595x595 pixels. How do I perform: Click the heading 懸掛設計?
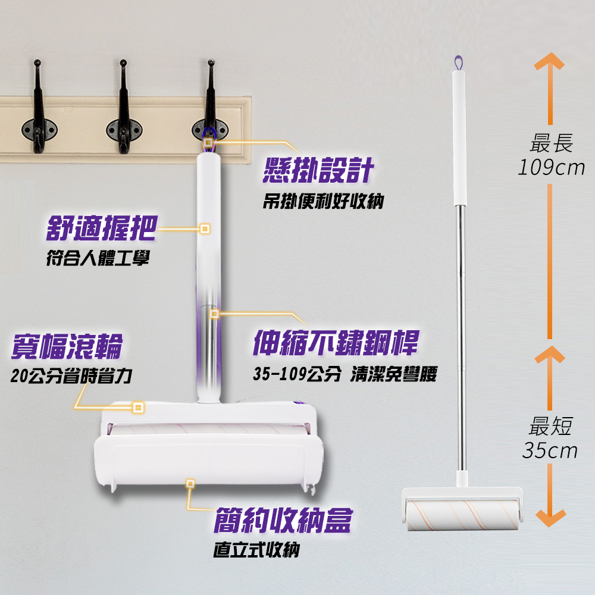(x=318, y=170)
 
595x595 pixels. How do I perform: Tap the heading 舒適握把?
(x=101, y=228)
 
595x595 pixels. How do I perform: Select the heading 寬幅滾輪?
(x=67, y=346)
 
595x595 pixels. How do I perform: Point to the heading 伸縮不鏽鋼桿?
(x=336, y=342)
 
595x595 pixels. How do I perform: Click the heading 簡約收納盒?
(x=283, y=520)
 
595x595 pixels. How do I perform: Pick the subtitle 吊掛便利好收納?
(x=323, y=201)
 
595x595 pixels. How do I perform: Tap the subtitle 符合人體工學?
(x=98, y=258)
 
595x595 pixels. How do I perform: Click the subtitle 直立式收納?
(x=256, y=549)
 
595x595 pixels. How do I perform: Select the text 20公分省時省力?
(x=71, y=376)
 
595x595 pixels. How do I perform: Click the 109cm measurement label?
(x=552, y=167)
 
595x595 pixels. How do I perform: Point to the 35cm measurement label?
(x=550, y=450)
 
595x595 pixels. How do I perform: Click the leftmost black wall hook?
(x=38, y=108)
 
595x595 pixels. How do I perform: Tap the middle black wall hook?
(x=124, y=108)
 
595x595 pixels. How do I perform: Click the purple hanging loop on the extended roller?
(x=459, y=63)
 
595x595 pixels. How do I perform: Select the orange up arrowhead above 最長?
(x=549, y=61)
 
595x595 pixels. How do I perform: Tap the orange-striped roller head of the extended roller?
(x=462, y=515)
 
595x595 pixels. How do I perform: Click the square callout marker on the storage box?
(x=190, y=483)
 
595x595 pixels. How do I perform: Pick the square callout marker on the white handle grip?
(x=205, y=229)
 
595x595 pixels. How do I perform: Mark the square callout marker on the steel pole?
(x=214, y=314)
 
